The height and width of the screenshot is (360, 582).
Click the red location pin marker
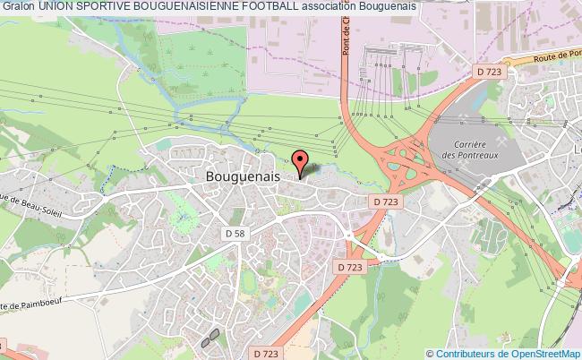[301, 162]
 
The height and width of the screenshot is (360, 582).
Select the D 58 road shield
[232, 233]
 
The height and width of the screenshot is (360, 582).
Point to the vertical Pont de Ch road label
[345, 39]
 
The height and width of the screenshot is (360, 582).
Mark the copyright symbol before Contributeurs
[429, 353]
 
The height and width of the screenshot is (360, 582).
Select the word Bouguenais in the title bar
[387, 7]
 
